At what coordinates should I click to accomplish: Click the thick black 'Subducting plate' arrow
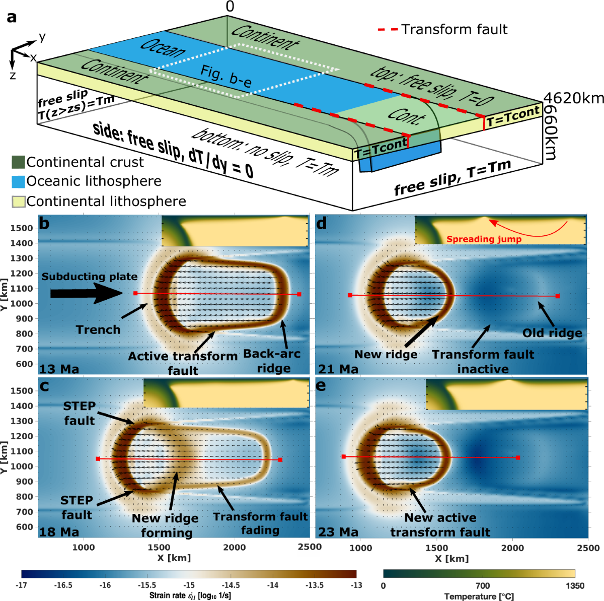87,293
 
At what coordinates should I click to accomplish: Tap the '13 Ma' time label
59,369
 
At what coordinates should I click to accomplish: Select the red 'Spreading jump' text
484,239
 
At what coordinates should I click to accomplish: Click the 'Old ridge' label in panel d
552,333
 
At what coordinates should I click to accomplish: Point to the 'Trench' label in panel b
98,329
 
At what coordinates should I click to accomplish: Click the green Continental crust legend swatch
18,162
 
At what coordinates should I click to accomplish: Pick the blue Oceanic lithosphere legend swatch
18,181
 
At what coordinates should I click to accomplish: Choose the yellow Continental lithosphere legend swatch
18,202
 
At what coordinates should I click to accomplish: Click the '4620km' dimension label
573,99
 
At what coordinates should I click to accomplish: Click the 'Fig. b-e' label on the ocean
225,76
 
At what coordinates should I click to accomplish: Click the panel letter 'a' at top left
12,18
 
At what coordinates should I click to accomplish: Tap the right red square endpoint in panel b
299,294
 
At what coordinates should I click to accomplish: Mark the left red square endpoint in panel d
350,295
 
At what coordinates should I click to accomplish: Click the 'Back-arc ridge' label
272,361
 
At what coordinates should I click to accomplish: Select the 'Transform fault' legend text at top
455,30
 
